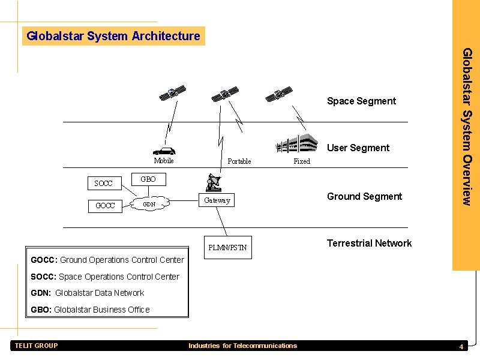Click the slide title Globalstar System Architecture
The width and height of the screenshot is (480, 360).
[113, 36]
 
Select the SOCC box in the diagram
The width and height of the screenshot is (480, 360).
[104, 182]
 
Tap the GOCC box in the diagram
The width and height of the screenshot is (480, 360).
[105, 205]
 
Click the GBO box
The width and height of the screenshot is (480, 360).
[148, 179]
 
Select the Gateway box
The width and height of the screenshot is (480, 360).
[217, 200]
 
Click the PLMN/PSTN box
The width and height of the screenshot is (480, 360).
[228, 247]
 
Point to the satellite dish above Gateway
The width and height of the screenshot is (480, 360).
[212, 182]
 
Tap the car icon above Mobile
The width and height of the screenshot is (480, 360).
[164, 150]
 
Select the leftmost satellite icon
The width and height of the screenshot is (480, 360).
[173, 93]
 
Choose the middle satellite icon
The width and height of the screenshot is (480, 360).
[225, 94]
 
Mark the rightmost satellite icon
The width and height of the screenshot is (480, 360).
[279, 95]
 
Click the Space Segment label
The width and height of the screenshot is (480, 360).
[361, 101]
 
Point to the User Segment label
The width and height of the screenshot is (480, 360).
[358, 148]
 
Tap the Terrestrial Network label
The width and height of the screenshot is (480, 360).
[369, 243]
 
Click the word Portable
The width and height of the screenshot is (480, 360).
[239, 161]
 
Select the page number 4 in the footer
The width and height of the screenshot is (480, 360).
[461, 347]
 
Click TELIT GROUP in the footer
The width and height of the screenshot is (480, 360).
[36, 346]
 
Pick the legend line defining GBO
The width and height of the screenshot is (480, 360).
[90, 310]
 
